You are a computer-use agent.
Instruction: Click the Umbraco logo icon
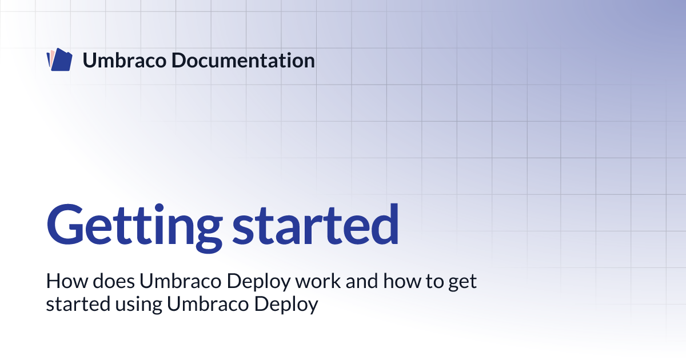tap(59, 61)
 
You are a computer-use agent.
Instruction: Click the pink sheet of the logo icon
tap(51, 57)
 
